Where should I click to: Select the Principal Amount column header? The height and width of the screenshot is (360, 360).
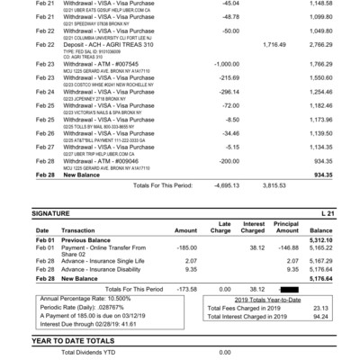pos(286,226)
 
